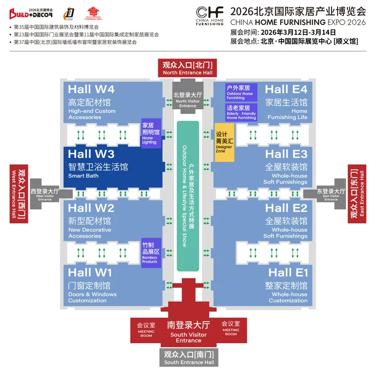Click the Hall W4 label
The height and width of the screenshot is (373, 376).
(91, 89)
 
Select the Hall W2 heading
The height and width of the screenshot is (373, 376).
(91, 208)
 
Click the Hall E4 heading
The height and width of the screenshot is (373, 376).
(286, 89)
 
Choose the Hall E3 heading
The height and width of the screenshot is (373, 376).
(286, 154)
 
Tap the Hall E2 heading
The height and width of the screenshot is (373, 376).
(286, 208)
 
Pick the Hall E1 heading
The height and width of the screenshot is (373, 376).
(288, 273)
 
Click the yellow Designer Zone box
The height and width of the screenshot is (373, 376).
(224, 142)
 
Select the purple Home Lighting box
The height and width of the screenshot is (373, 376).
(151, 133)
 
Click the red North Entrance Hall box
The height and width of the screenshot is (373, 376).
(188, 68)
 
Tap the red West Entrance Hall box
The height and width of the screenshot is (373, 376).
(19, 194)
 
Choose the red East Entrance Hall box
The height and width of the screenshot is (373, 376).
(357, 194)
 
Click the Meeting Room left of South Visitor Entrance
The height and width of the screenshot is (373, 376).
(146, 330)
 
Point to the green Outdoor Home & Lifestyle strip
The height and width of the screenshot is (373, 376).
(188, 196)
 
